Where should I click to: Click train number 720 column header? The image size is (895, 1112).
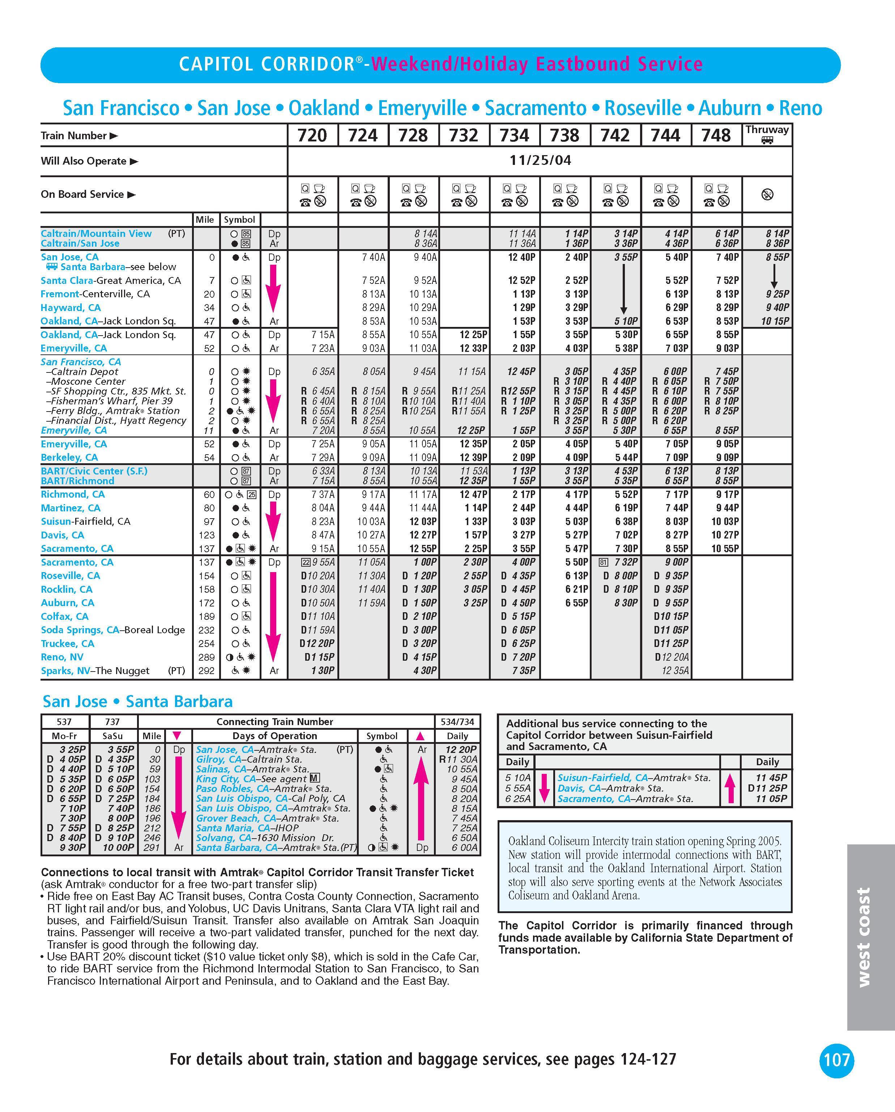(x=312, y=135)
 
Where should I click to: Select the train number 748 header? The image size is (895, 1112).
(x=716, y=135)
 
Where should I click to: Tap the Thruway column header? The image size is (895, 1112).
(x=767, y=133)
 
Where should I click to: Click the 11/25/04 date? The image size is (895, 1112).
(x=540, y=161)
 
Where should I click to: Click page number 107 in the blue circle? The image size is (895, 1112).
(x=836, y=1060)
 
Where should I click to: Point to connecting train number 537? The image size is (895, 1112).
(x=64, y=721)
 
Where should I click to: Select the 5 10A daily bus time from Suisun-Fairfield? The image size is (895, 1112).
(x=517, y=777)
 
